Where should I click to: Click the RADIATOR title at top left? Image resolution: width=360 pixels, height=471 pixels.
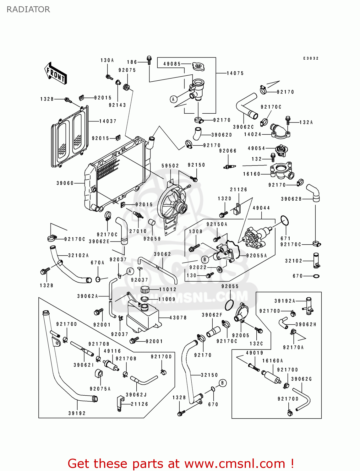pyautogui.click(x=28, y=9)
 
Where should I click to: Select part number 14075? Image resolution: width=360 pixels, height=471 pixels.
pyautogui.click(x=235, y=73)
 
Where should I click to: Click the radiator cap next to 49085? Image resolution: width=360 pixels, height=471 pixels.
pyautogui.click(x=198, y=66)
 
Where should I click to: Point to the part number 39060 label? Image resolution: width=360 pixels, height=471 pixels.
pyautogui.click(x=65, y=183)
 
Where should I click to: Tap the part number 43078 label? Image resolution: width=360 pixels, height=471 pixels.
pyautogui.click(x=178, y=318)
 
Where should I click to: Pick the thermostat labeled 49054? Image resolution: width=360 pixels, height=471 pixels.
pyautogui.click(x=281, y=150)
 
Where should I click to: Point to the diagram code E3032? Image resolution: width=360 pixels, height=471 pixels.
pyautogui.click(x=311, y=58)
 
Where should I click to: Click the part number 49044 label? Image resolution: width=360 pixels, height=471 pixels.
pyautogui.click(x=261, y=208)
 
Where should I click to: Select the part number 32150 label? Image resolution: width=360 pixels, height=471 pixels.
pyautogui.click(x=209, y=375)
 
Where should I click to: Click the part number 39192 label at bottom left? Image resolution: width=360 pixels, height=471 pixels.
pyautogui.click(x=77, y=413)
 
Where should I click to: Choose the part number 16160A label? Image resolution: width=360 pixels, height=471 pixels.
pyautogui.click(x=273, y=361)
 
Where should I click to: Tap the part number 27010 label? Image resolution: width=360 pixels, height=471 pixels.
pyautogui.click(x=138, y=231)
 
